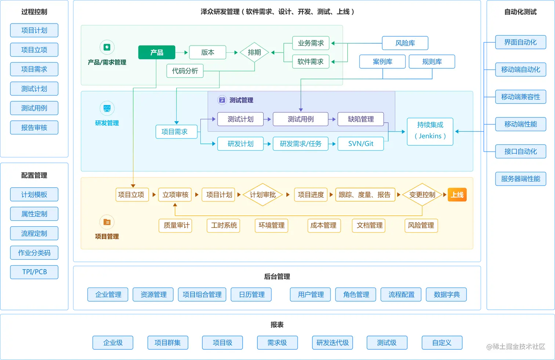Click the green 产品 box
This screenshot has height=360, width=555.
[x=157, y=53]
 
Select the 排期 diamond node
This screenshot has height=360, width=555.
[x=254, y=53]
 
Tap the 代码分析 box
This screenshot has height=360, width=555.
[x=185, y=71]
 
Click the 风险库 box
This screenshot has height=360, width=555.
[x=405, y=43]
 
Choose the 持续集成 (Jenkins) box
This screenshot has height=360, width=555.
[x=430, y=130]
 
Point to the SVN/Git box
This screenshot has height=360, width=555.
[x=360, y=144]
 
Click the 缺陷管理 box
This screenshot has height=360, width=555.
[x=360, y=119]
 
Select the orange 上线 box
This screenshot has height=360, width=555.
[x=457, y=195]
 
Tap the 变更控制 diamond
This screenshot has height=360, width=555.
[x=422, y=195]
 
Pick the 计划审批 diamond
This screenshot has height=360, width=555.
[x=262, y=195]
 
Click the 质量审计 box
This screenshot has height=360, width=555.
[x=177, y=225]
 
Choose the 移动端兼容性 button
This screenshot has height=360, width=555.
[x=520, y=97]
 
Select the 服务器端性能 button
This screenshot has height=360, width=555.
[x=520, y=179]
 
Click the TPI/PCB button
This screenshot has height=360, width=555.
[x=34, y=272]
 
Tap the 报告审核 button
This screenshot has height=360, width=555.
[x=34, y=127]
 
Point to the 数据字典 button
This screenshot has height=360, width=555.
[x=446, y=295]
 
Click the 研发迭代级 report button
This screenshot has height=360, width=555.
[x=333, y=343]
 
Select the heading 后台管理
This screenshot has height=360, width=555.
[x=277, y=277]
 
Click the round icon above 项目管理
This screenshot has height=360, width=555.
[x=107, y=222]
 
